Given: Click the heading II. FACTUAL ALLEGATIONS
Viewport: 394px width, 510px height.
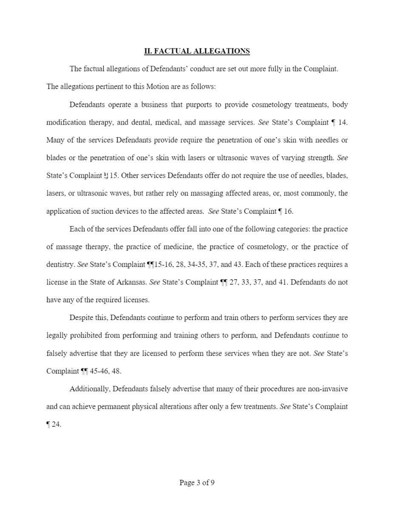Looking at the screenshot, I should pyautogui.click(x=197, y=51).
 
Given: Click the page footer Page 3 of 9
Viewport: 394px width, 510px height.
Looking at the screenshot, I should pyautogui.click(x=197, y=482).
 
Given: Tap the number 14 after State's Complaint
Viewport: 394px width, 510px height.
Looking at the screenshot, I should pyautogui.click(x=343, y=122).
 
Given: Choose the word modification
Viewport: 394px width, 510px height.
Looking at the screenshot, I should pyautogui.click(x=65, y=122).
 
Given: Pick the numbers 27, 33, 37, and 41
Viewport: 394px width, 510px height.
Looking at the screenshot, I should pyautogui.click(x=258, y=282).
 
